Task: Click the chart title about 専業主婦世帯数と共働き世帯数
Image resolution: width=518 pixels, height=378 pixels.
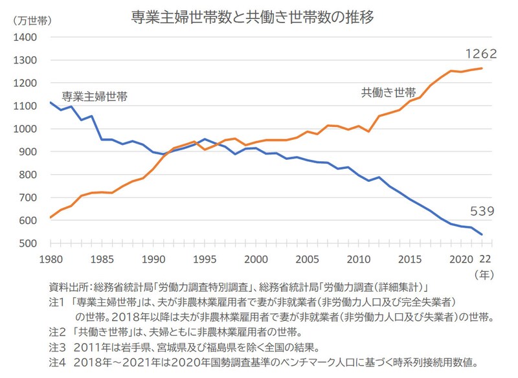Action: coord(252,17)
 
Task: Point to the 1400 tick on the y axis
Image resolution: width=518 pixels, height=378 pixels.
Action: coord(25,38)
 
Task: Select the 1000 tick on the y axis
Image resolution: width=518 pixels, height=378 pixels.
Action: coord(25,129)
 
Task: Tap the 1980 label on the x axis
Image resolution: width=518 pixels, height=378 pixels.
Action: coord(50,259)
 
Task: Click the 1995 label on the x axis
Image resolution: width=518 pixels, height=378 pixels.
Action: coord(205,259)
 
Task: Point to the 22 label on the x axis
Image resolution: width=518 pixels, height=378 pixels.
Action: coord(485,259)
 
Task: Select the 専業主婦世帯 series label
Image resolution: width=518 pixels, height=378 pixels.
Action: coord(95,97)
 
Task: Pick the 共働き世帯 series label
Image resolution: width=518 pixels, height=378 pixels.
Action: coord(388,93)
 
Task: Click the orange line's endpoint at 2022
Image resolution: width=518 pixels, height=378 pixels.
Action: coord(482,68)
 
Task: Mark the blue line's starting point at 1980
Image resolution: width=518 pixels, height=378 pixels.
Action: coord(51,102)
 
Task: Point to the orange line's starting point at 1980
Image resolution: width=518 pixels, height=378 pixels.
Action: coord(51,217)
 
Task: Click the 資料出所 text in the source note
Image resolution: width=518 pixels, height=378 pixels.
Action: coord(70,287)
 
